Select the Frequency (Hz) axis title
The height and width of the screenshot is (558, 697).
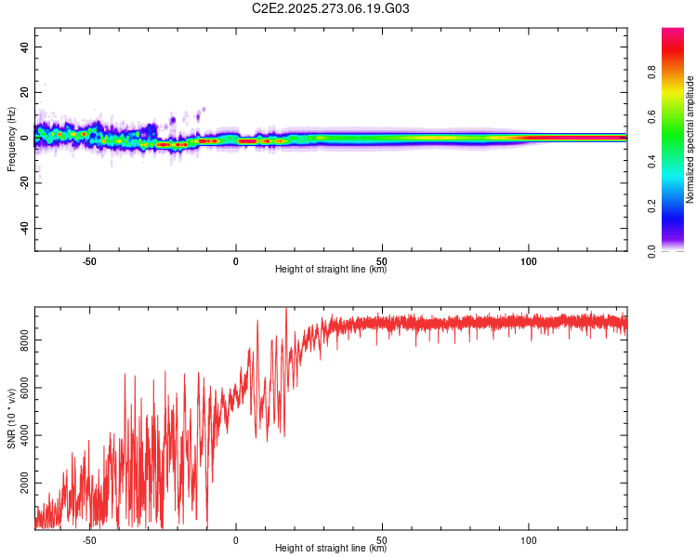[11, 139]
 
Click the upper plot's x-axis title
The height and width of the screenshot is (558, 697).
[331, 270]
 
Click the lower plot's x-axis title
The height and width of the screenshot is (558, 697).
[331, 549]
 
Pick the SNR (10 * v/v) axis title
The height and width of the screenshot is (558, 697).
[11, 418]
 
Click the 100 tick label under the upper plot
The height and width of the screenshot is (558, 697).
[529, 261]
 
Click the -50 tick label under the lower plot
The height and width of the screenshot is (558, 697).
[89, 540]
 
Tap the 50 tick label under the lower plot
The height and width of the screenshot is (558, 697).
[382, 540]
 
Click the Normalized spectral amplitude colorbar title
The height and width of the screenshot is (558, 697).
[690, 139]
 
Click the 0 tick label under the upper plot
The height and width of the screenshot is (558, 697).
[236, 261]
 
